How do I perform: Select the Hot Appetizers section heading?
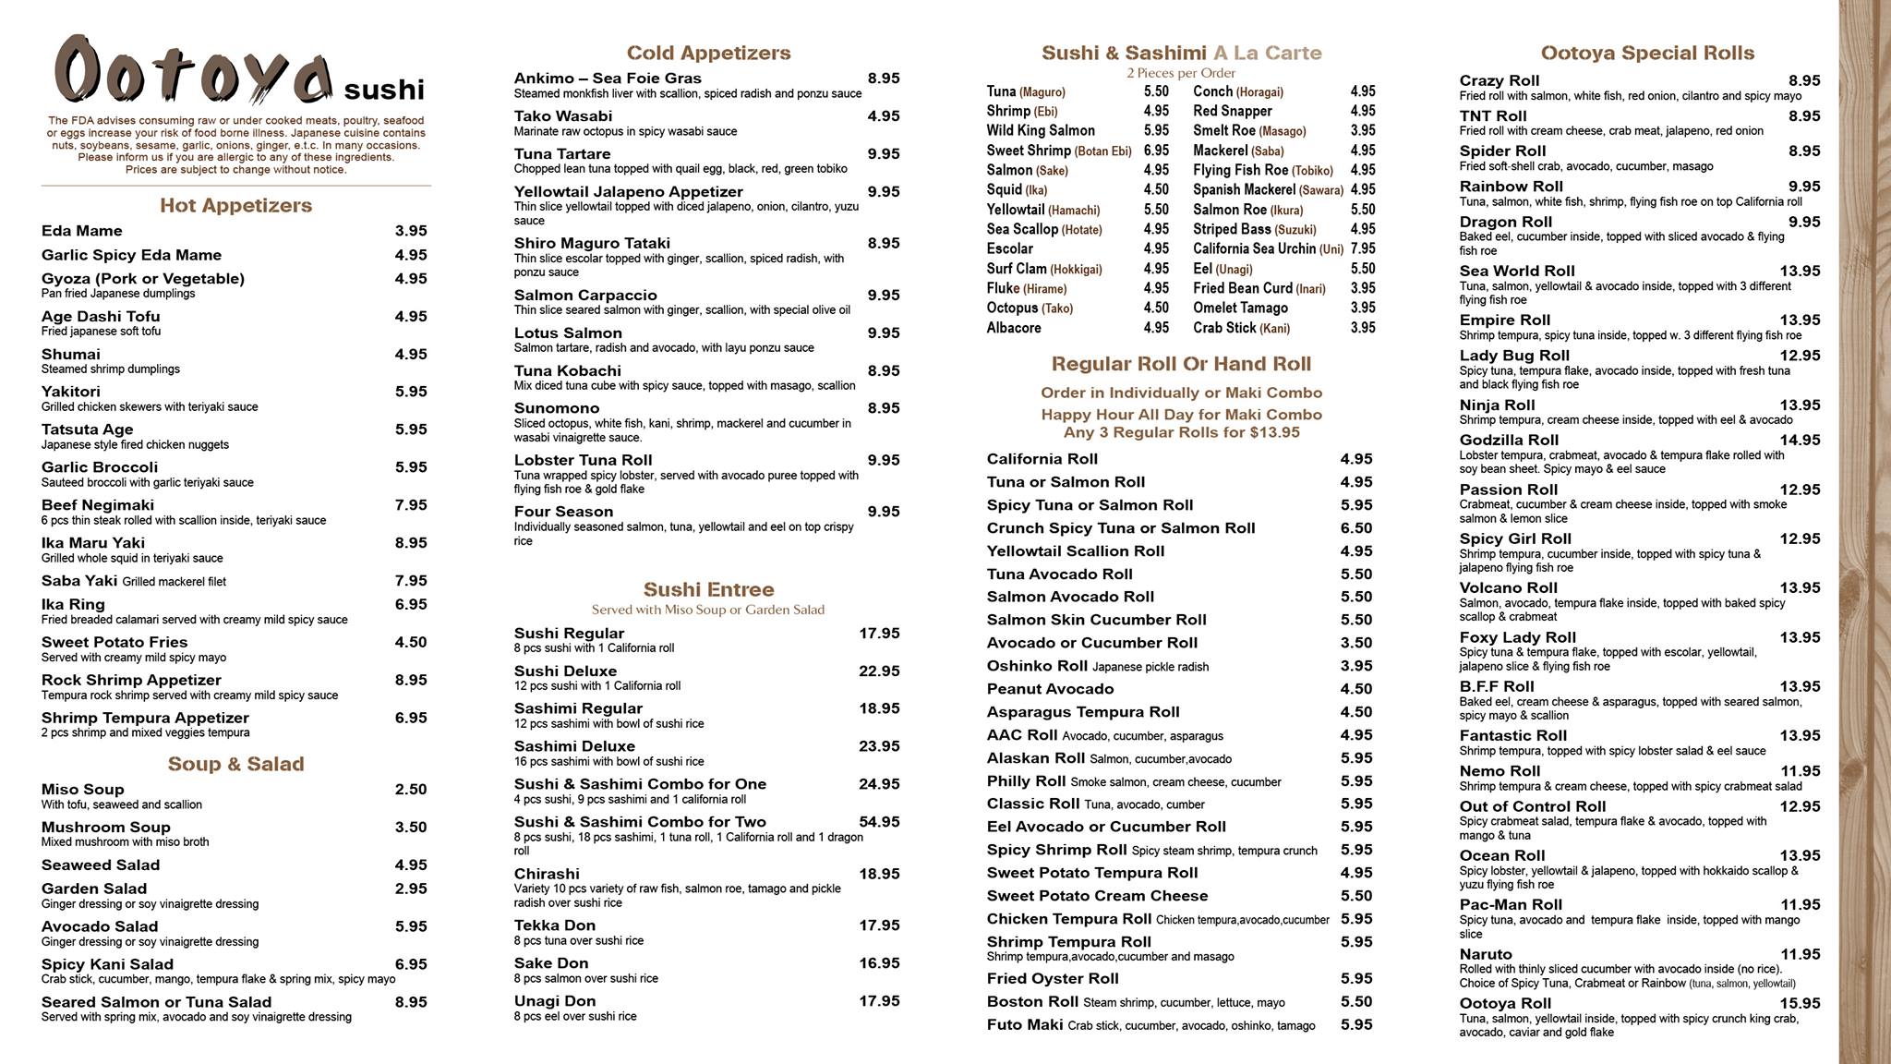pos(235,205)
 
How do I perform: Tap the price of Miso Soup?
pos(411,790)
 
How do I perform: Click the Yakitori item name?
pos(71,392)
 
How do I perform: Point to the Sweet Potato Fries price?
pos(411,642)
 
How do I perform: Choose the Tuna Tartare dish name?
pos(562,154)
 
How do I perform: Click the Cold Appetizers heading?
pos(708,53)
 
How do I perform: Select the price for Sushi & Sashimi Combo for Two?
pos(879,822)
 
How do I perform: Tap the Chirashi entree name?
pos(547,874)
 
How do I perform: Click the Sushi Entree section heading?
pos(708,589)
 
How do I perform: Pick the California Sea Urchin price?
pos(1362,248)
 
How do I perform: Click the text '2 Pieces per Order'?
pos(1181,73)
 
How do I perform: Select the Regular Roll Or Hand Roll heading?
pos(1181,364)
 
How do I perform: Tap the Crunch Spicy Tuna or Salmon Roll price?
pos(1356,528)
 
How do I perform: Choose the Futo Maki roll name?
pos(1025,1024)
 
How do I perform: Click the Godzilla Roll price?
pos(1801,441)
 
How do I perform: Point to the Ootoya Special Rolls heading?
pos(1647,53)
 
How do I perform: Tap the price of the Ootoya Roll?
pos(1801,1004)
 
